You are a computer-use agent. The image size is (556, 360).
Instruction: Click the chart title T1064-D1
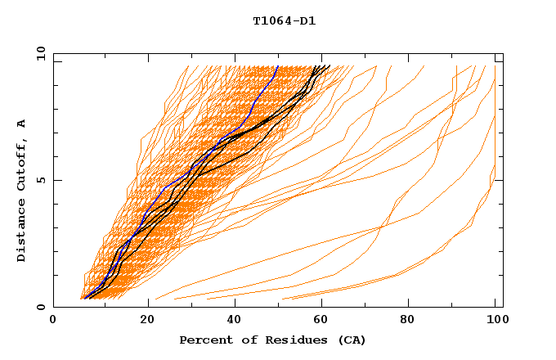click(x=285, y=21)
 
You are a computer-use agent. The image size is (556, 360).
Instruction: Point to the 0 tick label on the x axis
click(x=54, y=320)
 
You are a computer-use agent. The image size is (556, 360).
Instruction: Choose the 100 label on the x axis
click(x=495, y=320)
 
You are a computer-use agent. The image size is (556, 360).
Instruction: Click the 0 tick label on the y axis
click(x=41, y=307)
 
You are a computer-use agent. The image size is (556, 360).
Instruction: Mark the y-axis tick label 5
click(x=41, y=180)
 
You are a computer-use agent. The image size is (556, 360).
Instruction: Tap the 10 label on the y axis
click(x=38, y=53)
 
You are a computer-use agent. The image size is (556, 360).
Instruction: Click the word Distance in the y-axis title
click(x=22, y=233)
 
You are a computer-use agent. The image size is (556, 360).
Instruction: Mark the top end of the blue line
click(x=278, y=66)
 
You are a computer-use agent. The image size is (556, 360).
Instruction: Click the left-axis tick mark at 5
click(x=56, y=180)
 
